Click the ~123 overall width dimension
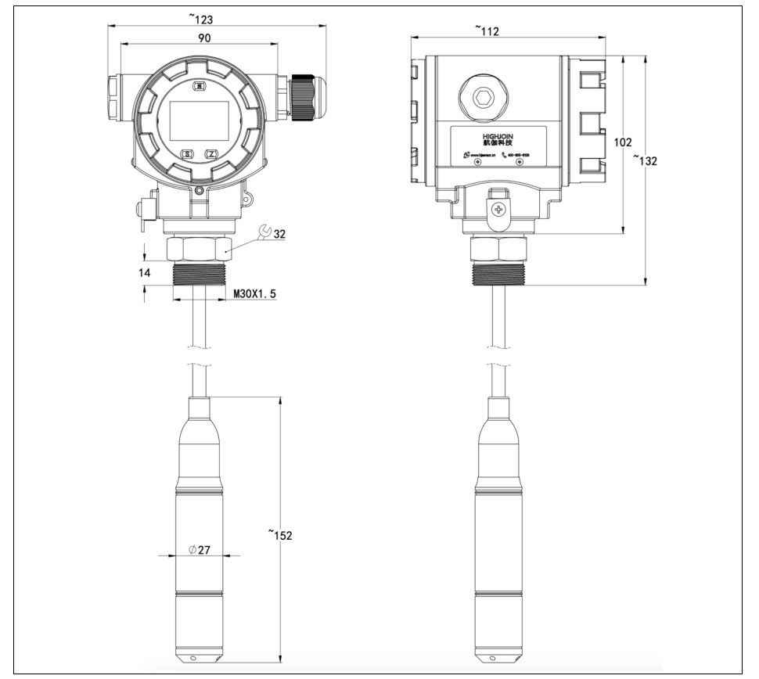coord(205,18)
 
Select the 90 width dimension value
coord(203,37)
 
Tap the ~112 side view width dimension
coord(487,31)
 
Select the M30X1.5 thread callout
coord(255,294)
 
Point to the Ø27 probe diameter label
coord(200,550)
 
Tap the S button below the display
coord(188,154)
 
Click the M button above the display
coord(200,86)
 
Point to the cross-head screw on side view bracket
coord(497,209)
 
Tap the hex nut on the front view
coord(199,250)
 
